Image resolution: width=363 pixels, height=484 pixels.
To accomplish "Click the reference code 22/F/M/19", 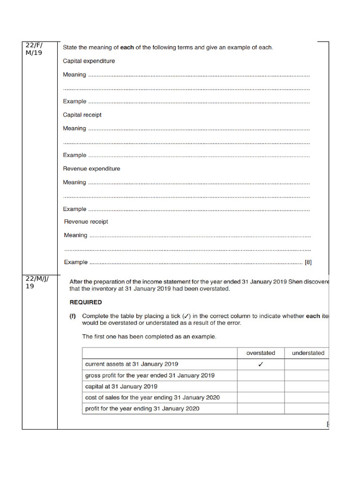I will point(34,49).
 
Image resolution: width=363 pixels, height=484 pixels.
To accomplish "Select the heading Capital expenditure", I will point(89,61).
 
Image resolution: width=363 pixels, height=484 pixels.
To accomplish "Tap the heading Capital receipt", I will point(82,115).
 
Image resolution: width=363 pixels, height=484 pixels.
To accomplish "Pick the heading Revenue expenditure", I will point(92,169).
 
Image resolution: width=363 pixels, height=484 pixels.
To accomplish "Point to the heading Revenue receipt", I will point(86,222).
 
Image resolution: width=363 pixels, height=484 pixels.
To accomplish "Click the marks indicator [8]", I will point(308,262).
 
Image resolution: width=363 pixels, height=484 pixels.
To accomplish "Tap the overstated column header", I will point(260,353).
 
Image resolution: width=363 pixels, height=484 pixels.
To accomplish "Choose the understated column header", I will point(308,353).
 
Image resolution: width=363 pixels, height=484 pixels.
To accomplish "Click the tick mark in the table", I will point(260,364).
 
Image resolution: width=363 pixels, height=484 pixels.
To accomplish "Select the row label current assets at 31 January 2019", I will point(131,364).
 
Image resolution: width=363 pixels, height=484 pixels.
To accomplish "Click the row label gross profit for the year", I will point(149,375).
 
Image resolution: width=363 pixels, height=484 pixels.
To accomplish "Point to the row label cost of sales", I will point(152,398).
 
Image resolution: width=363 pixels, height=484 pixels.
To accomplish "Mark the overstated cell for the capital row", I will point(260,386).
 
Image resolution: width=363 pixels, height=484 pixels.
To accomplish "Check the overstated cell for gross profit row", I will point(260,375).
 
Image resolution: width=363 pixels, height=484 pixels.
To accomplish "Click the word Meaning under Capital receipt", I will point(75,129).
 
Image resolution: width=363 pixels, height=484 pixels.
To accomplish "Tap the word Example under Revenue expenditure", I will point(75,209).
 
